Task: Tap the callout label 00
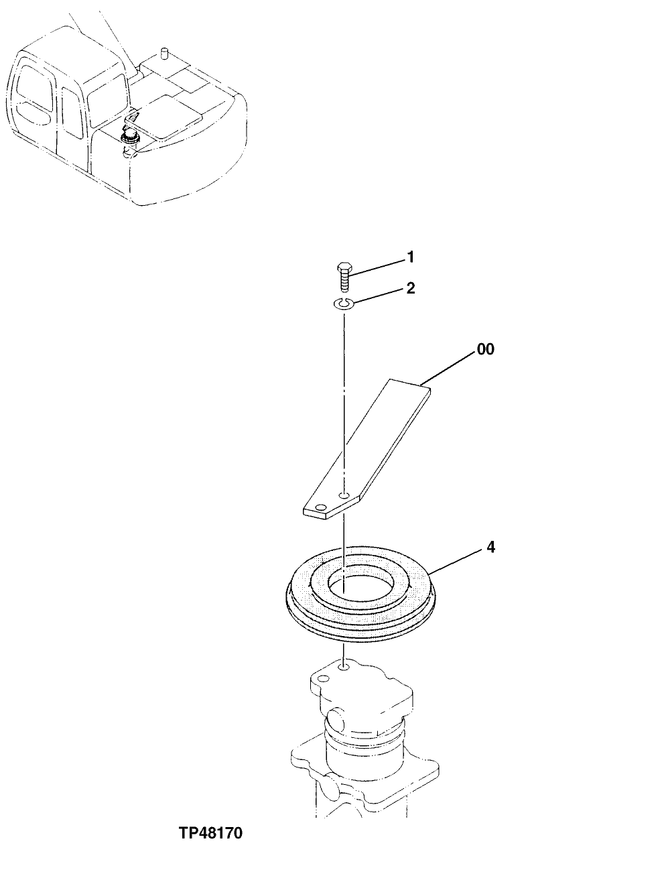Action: (486, 349)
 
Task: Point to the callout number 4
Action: (490, 548)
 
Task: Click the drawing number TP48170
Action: (210, 834)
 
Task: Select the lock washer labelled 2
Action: (344, 305)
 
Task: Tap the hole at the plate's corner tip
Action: (321, 507)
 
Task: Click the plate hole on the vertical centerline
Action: (343, 495)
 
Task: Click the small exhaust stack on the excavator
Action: (163, 54)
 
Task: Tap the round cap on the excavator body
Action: (127, 138)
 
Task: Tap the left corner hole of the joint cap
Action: (321, 680)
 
